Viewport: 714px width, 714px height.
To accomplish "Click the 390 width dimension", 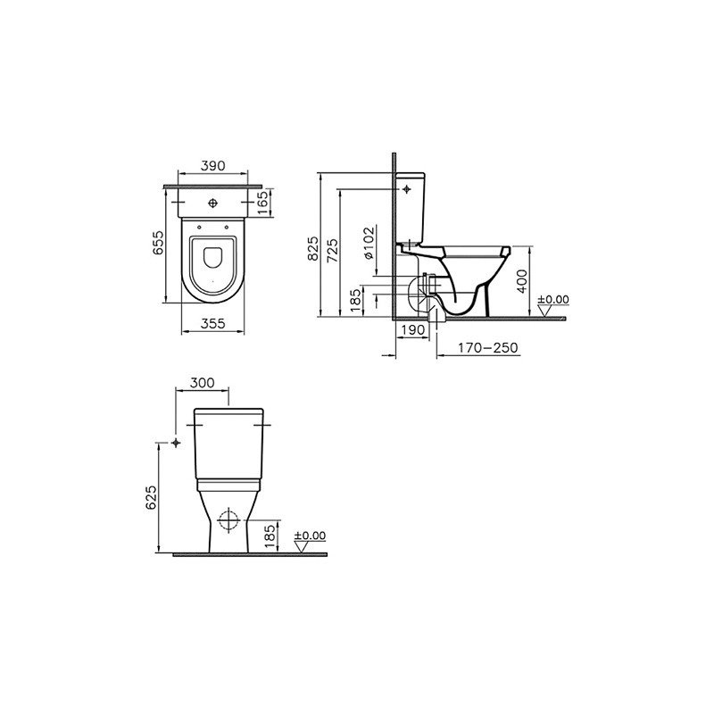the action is point(212,166).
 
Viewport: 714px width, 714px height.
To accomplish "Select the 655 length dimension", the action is point(158,243).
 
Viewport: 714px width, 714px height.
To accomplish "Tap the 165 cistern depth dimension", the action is point(264,203).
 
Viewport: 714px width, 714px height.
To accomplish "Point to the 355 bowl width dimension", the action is point(212,323).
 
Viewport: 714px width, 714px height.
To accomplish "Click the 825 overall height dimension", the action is point(313,248).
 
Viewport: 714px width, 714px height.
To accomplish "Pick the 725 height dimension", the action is point(332,250).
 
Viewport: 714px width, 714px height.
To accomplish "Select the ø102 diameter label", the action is point(369,243).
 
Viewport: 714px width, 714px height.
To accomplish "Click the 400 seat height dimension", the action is point(523,281).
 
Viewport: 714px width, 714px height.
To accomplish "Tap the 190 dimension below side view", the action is point(413,329).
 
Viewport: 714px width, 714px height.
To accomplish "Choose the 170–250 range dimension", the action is point(487,348).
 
